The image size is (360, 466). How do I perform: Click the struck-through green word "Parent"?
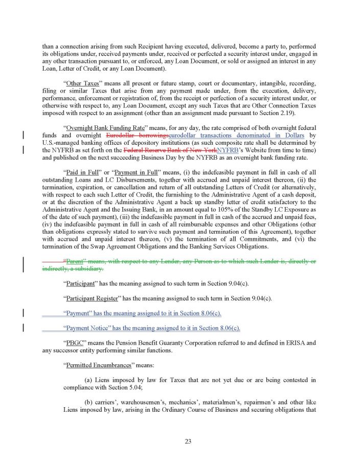pyautogui.click(x=75, y=261)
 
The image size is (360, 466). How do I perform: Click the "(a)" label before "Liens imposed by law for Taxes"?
pyautogui.click(x=88, y=380)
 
